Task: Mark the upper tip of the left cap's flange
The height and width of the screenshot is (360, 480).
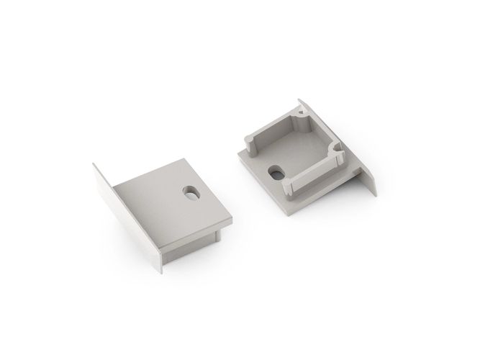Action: coord(94,165)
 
